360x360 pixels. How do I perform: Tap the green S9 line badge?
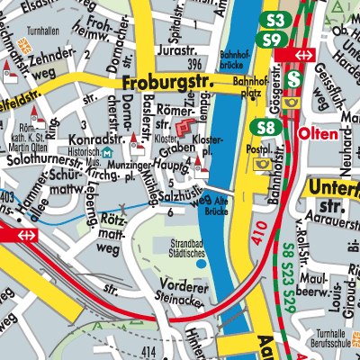[269, 40]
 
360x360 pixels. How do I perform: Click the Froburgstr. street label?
[160, 85]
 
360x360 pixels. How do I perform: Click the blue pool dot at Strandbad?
[200, 265]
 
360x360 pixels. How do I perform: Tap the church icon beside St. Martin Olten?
[37, 116]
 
